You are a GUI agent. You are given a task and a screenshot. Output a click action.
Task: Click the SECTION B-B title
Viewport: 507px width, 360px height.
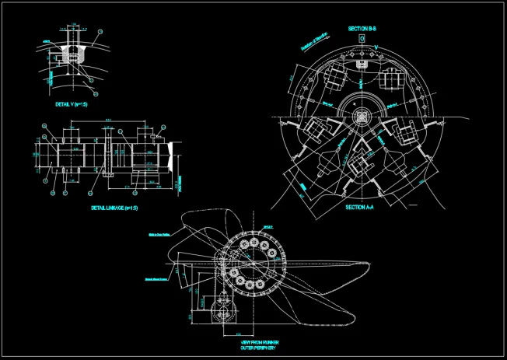362,29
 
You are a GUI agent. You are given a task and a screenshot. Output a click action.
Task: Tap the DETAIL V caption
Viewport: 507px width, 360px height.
71,103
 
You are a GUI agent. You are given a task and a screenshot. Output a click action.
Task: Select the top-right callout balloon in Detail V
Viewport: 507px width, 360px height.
99,32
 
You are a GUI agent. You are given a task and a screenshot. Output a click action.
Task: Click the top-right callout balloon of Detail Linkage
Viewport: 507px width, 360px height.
163,126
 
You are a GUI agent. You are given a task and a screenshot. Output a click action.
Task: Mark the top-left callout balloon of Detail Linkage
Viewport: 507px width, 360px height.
45,126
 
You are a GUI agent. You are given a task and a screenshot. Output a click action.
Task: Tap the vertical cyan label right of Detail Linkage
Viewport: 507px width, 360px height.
180,183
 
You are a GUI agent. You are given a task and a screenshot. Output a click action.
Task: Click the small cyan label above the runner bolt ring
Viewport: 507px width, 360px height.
268,226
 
